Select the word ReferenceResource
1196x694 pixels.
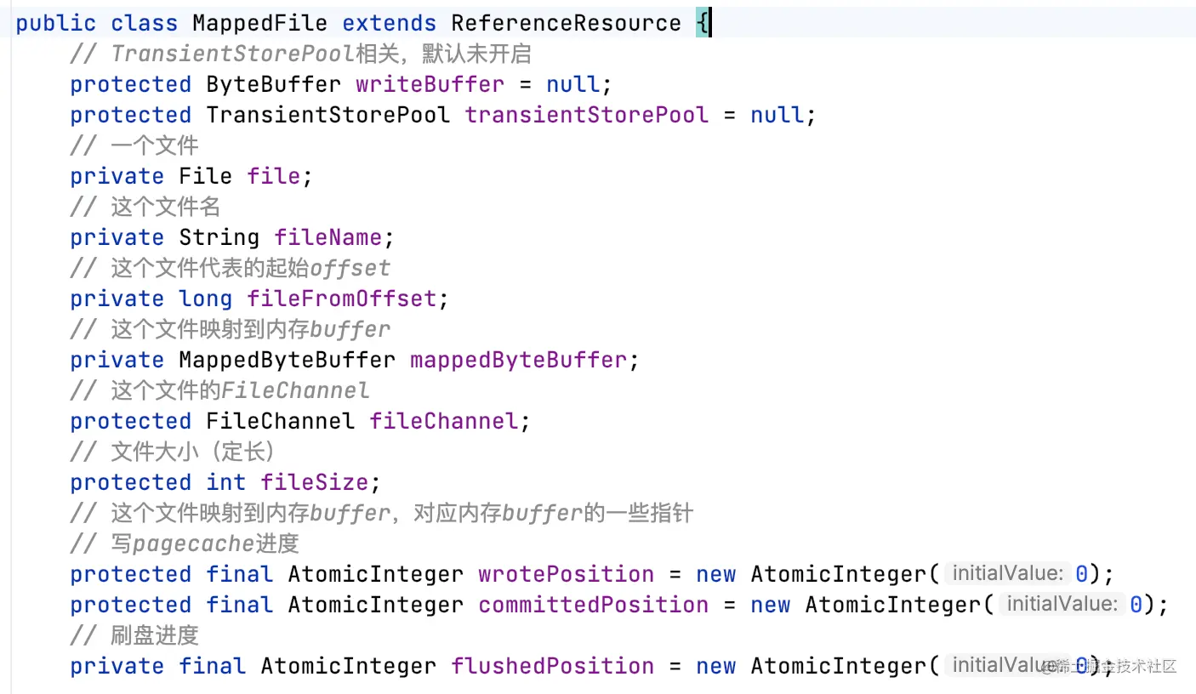566,24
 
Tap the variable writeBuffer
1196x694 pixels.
430,85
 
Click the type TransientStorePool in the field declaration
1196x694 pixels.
327,116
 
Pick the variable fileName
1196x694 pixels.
327,238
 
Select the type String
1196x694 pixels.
219,238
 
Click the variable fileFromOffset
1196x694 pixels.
341,299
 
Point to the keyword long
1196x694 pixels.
205,299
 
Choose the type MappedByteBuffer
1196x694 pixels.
287,361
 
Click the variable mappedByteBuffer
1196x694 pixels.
518,361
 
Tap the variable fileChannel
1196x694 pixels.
443,422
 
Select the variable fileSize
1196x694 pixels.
314,483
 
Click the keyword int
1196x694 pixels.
225,483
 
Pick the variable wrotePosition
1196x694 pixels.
566,575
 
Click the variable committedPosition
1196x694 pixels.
593,606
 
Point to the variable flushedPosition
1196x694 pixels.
552,667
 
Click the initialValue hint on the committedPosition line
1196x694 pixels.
1060,605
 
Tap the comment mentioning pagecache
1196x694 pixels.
185,544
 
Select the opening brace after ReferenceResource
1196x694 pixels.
703,24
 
